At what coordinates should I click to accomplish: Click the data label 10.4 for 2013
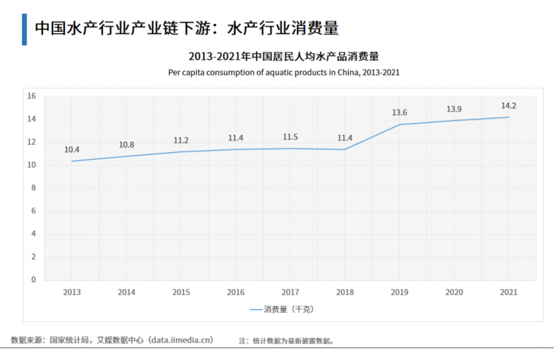point(72,150)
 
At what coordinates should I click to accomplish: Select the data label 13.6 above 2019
point(400,113)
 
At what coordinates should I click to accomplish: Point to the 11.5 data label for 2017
point(290,137)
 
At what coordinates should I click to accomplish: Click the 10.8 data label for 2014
point(126,145)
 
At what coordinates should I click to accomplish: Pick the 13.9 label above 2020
point(454,109)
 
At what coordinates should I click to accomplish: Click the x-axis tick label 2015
point(181,292)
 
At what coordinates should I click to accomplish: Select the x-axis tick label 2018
point(344,292)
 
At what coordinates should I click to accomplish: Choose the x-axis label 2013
point(72,292)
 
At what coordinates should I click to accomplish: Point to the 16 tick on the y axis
point(31,96)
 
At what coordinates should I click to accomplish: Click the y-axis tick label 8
point(33,188)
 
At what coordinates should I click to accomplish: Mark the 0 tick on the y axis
point(33,280)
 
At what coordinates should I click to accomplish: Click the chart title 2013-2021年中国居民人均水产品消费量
point(284,56)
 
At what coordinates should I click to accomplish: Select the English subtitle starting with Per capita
point(284,72)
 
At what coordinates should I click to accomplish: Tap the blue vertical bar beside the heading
point(24,28)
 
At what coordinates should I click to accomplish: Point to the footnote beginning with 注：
point(287,341)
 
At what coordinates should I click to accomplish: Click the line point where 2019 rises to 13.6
point(399,125)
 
